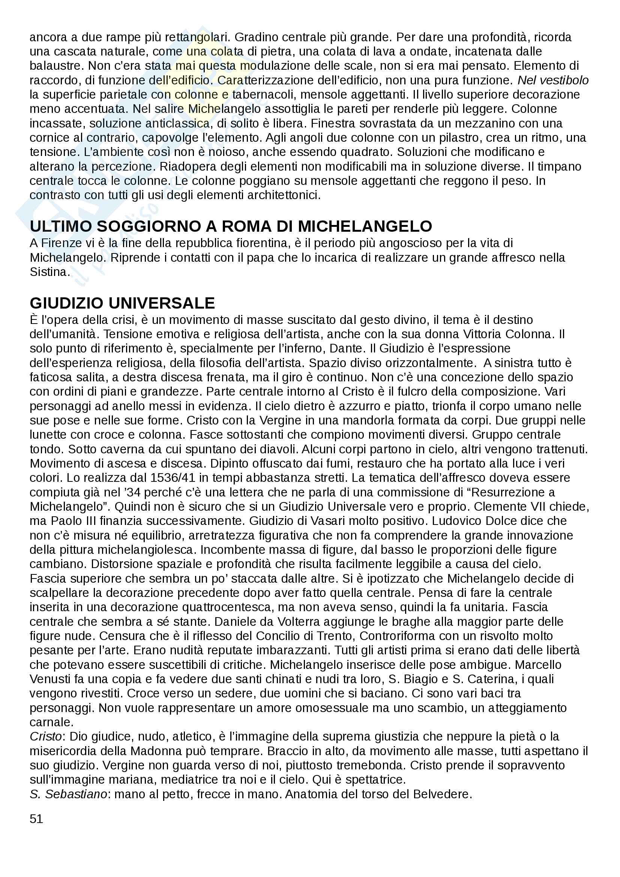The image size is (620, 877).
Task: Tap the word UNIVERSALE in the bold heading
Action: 162,303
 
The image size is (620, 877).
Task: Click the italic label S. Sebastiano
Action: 68,794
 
